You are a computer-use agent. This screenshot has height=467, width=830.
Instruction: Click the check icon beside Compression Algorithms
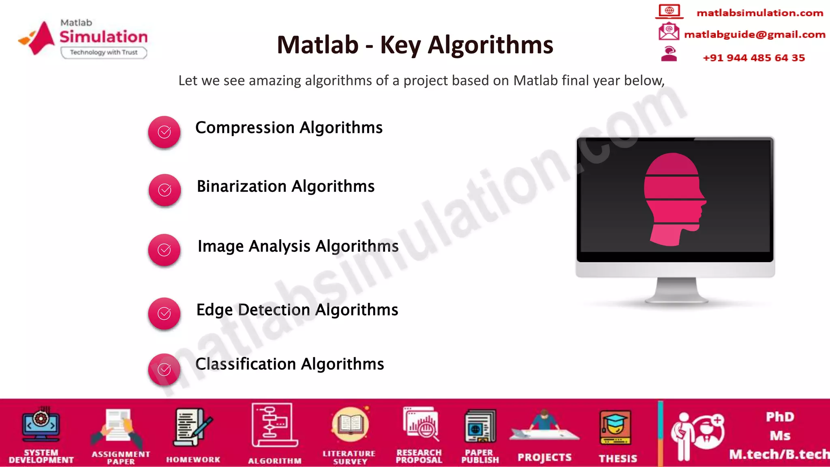tap(164, 132)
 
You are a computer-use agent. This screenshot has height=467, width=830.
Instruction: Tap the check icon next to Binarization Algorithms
tap(165, 190)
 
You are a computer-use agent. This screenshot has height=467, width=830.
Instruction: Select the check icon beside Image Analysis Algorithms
tap(164, 250)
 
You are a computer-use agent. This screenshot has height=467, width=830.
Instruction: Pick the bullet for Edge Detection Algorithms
tap(164, 313)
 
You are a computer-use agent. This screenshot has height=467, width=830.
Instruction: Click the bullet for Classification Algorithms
tap(164, 369)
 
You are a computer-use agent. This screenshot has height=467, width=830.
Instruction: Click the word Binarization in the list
tap(242, 186)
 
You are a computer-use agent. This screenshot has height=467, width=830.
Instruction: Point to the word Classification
tap(246, 364)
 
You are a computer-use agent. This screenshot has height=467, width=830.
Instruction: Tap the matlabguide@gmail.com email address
tap(755, 34)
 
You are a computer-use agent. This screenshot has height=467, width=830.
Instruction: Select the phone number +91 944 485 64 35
tap(754, 58)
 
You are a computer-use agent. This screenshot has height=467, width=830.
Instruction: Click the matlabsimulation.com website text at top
tap(759, 13)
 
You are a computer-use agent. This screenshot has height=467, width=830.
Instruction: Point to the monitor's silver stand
tap(676, 290)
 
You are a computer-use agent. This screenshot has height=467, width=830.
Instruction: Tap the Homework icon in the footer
tap(192, 428)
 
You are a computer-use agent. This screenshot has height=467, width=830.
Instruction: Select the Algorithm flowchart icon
tap(274, 425)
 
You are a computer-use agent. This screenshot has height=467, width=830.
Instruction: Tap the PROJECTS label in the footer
tap(544, 457)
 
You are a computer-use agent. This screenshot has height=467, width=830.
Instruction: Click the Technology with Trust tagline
tap(104, 52)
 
